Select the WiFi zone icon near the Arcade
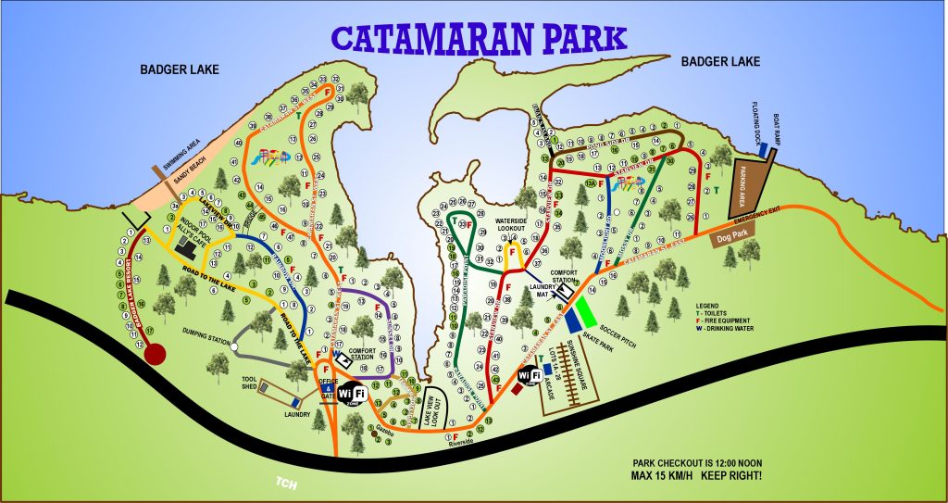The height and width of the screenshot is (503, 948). (x=530, y=376)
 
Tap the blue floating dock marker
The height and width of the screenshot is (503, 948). (x=762, y=149)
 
